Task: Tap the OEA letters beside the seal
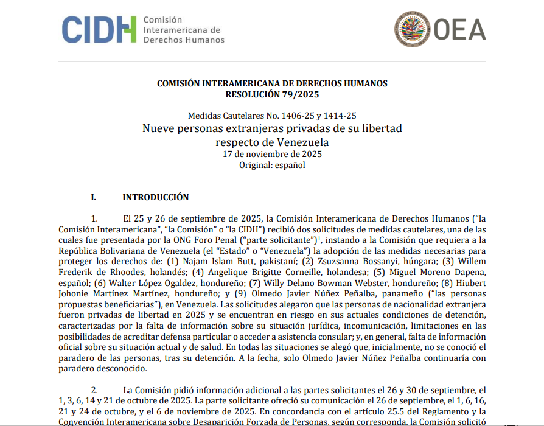pyautogui.click(x=459, y=30)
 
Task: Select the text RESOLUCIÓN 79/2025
pyautogui.click(x=272, y=94)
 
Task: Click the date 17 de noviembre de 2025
pyautogui.click(x=272, y=154)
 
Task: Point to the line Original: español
pyautogui.click(x=272, y=165)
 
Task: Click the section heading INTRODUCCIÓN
pyautogui.click(x=155, y=197)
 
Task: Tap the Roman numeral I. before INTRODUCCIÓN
pyautogui.click(x=94, y=197)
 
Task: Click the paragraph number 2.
pyautogui.click(x=94, y=389)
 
